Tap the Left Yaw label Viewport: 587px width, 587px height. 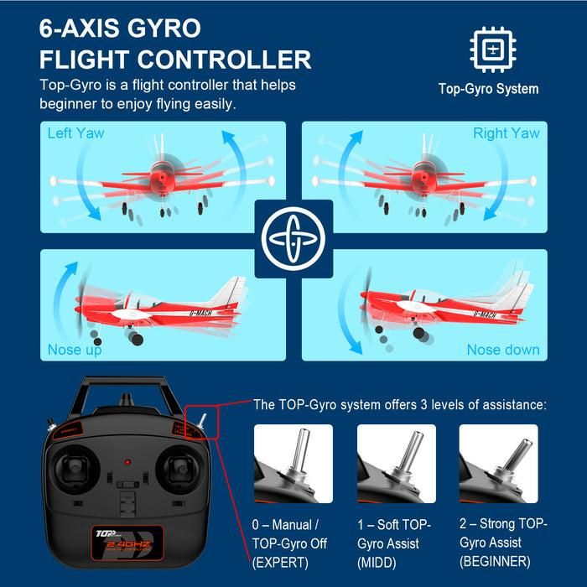pos(75,133)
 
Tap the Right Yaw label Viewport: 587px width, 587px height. pos(506,133)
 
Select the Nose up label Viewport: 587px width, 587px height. pos(75,349)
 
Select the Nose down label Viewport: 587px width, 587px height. pos(503,349)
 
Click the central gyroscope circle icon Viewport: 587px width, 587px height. pos(293,239)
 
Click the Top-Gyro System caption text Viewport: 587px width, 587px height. pos(488,89)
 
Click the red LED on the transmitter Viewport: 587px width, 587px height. pos(127,462)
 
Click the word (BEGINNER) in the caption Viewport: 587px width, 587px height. pos(495,561)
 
